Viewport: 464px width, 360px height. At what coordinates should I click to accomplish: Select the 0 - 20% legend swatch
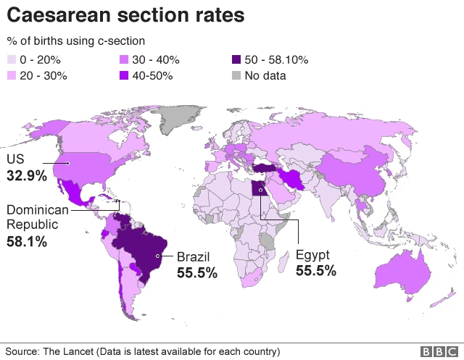[x=12, y=59]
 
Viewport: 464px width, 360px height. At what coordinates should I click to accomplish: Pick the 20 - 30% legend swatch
[x=12, y=75]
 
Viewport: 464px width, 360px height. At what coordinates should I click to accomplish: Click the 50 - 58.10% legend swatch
[x=236, y=59]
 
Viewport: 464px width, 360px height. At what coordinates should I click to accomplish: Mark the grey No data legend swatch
[x=236, y=75]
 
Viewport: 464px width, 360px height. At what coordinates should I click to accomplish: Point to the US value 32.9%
[x=27, y=176]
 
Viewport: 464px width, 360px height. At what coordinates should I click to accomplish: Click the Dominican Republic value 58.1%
[x=27, y=242]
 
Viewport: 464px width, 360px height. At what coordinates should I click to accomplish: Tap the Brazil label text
[x=194, y=256]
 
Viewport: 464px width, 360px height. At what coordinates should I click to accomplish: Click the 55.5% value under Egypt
[x=316, y=271]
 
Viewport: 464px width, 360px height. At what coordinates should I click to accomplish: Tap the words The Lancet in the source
[x=69, y=351]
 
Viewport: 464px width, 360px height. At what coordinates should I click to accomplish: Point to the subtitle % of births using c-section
[x=75, y=41]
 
